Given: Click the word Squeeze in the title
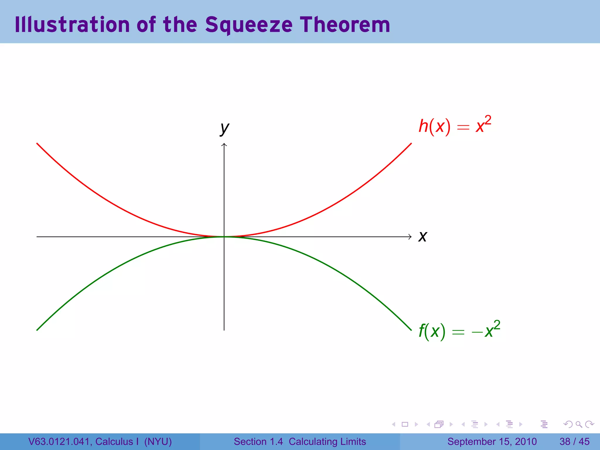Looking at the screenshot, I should point(249,25).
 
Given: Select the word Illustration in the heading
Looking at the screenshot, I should point(72,25).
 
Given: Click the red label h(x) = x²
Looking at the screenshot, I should point(454,126).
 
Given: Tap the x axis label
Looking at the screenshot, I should point(423,237).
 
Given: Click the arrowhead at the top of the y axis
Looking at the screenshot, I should point(224,144).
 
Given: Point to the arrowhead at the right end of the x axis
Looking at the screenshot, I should point(410,237).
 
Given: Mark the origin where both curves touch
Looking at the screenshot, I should point(224,237).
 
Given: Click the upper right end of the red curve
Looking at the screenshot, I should point(411,144).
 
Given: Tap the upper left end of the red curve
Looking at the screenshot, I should point(37,144).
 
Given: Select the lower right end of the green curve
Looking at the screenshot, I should point(411,330).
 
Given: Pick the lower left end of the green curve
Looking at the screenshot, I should point(37,330).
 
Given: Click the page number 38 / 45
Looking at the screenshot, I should point(574,442).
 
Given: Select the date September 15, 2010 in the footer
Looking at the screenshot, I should point(492,442).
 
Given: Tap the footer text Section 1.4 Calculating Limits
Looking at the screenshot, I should point(300,442).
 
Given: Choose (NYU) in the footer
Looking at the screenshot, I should point(158,442).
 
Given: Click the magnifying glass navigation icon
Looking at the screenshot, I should point(579,424).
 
